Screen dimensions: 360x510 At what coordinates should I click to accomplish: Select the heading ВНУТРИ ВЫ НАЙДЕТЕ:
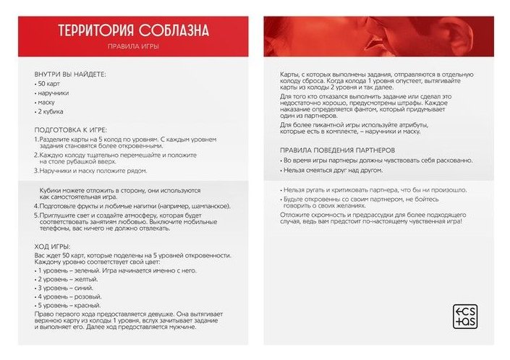pos(70,74)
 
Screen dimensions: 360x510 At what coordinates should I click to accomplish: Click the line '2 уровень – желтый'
pos(67,279)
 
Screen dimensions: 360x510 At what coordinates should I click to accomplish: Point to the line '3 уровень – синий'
pos(66,288)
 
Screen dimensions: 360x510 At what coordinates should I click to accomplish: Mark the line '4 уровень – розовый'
pos(69,297)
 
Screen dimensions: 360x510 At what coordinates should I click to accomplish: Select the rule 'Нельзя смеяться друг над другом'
pos(323,171)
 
